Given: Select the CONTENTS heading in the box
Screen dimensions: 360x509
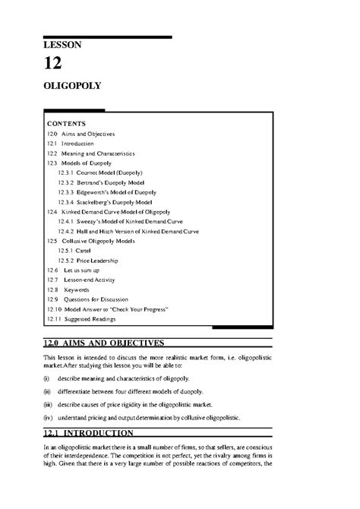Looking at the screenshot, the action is (x=66, y=123).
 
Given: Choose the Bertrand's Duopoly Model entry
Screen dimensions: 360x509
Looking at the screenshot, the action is (x=102, y=182).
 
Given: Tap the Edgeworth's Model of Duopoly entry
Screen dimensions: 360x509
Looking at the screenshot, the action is (x=106, y=192).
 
